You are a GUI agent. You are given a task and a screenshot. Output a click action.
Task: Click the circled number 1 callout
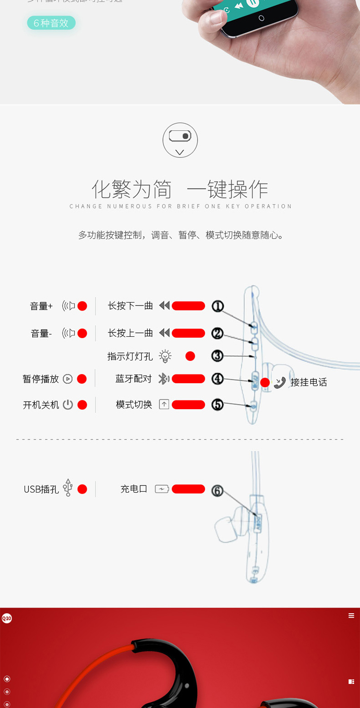tap(217, 306)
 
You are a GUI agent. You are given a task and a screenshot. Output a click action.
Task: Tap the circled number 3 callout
tap(217, 356)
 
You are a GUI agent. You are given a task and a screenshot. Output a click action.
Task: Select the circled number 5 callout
tap(217, 404)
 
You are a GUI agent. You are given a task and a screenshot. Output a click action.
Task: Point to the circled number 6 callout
tap(217, 491)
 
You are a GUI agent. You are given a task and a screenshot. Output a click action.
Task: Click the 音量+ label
tap(41, 306)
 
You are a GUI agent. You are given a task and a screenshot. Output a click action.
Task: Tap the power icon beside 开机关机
tap(68, 405)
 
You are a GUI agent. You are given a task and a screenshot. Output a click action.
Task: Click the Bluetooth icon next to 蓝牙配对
tap(163, 379)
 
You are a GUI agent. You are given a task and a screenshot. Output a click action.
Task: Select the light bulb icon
tap(165, 356)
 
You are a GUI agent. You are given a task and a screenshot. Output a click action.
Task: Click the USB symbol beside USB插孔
tap(68, 488)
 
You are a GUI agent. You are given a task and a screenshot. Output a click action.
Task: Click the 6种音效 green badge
tap(51, 23)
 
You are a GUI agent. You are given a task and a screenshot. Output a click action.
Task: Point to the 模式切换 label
tap(134, 405)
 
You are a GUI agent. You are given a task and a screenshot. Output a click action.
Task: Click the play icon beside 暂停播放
tap(68, 379)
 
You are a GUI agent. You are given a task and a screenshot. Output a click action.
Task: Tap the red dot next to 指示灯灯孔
tap(190, 356)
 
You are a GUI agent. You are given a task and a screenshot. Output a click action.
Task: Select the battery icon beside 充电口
tap(162, 489)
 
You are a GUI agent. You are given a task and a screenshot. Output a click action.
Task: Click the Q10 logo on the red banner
tap(7, 618)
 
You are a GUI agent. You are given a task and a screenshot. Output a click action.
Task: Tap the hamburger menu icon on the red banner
tap(351, 616)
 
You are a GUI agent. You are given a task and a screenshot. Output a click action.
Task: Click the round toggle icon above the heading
tap(180, 140)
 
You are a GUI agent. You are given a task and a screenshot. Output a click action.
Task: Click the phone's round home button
tap(261, 18)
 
